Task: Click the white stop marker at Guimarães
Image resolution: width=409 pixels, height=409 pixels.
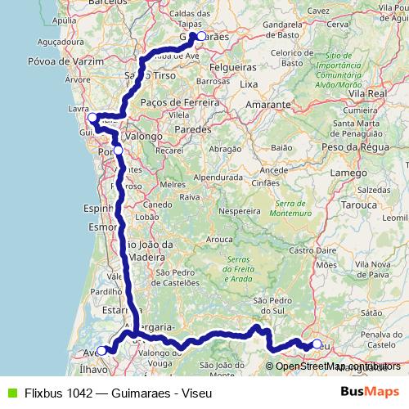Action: [x=200, y=36]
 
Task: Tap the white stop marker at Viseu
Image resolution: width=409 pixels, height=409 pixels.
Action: [x=317, y=344]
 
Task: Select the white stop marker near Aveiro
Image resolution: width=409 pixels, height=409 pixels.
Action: [x=102, y=351]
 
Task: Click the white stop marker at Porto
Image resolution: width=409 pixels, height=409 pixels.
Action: [x=119, y=151]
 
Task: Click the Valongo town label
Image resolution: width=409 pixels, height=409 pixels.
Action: [x=145, y=137]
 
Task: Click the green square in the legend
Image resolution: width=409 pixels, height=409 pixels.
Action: [x=11, y=393]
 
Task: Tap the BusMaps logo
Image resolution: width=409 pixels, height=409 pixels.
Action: [x=369, y=392]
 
